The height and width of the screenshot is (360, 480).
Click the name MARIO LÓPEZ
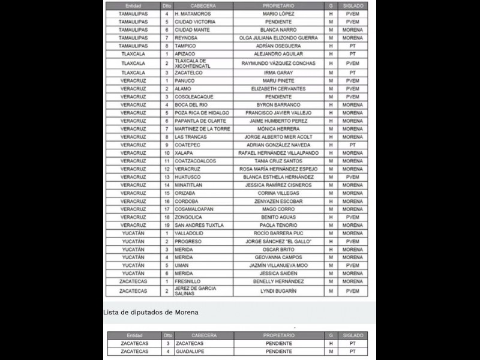tap(278, 13)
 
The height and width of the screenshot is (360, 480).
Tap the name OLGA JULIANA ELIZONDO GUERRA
tap(278, 37)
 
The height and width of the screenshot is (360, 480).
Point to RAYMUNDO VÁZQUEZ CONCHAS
tap(278, 63)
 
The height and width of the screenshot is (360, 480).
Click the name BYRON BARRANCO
tap(278, 104)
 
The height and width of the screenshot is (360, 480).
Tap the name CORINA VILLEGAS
tap(278, 193)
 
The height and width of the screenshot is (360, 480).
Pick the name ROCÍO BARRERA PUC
tap(278, 233)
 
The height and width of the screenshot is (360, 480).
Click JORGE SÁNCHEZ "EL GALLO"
tap(278, 241)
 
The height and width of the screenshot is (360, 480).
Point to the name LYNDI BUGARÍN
tap(278, 291)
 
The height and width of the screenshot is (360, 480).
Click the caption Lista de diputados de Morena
tap(151, 312)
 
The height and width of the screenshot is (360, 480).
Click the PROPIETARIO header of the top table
tap(278, 5)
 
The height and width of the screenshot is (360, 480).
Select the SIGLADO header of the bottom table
tap(353, 335)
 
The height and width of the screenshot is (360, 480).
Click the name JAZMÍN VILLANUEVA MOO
tap(278, 265)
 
